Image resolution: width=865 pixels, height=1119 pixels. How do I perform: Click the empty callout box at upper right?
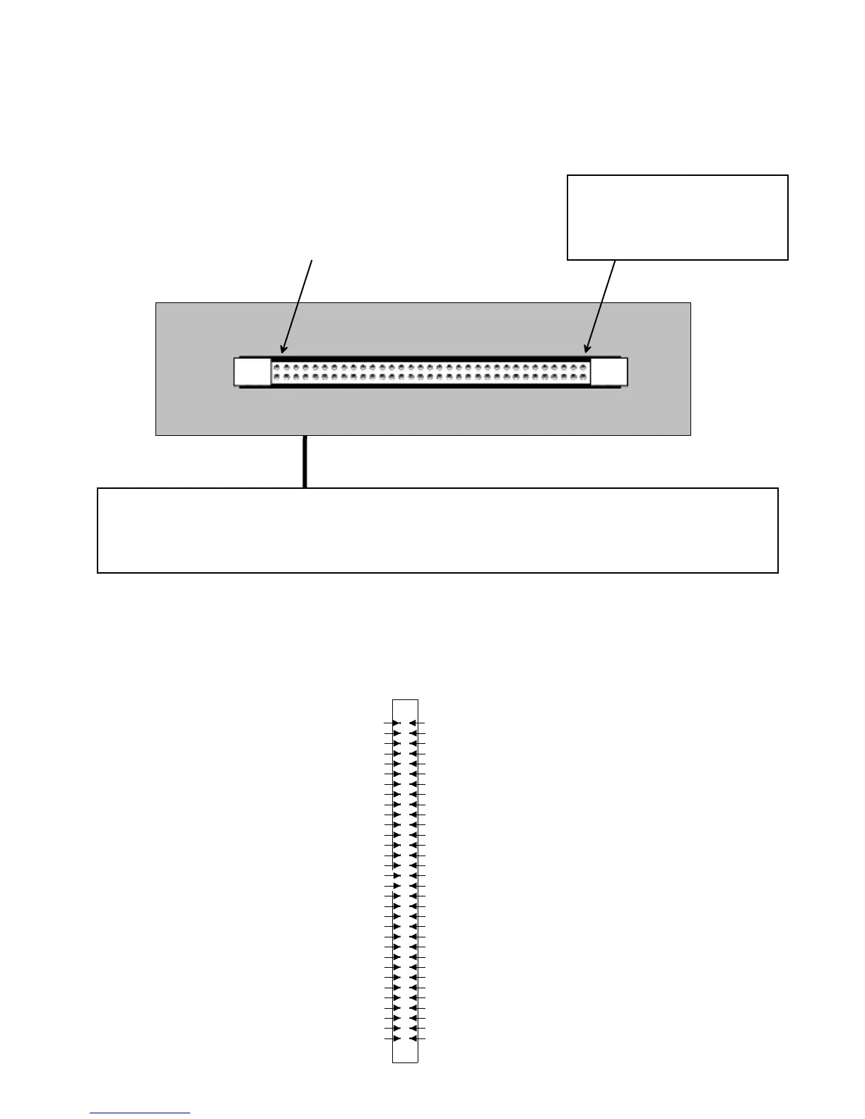click(677, 217)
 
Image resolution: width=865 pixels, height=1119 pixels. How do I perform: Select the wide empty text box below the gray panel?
click(437, 530)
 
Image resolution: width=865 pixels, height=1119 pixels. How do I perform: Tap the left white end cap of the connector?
click(252, 372)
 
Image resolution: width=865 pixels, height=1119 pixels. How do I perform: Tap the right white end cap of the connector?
click(608, 372)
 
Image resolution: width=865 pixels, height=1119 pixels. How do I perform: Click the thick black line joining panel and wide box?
click(305, 461)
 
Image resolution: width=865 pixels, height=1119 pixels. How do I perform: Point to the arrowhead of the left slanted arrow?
click(283, 349)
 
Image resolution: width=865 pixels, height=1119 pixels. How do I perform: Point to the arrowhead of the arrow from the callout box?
click(587, 349)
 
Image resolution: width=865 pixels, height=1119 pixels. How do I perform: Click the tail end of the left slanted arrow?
click(312, 261)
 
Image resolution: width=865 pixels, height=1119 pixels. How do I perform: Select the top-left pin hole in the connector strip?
click(276, 367)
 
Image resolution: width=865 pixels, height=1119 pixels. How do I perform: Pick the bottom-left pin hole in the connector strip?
click(276, 377)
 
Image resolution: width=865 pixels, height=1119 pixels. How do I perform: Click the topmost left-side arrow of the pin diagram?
click(396, 723)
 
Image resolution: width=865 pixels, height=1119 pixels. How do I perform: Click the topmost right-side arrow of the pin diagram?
click(413, 723)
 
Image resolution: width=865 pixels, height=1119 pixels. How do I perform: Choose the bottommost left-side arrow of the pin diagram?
click(396, 1038)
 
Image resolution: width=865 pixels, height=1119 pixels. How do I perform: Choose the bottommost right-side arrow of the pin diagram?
click(413, 1038)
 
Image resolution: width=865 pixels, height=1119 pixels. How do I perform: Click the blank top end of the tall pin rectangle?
click(405, 709)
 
